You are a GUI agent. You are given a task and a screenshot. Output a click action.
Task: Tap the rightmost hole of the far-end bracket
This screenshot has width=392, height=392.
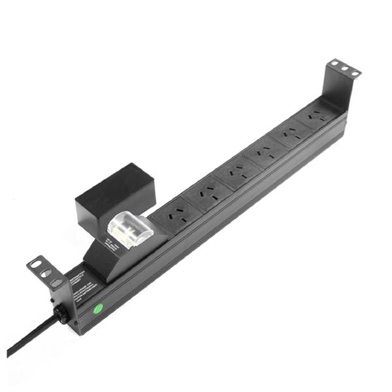tap(353, 73)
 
